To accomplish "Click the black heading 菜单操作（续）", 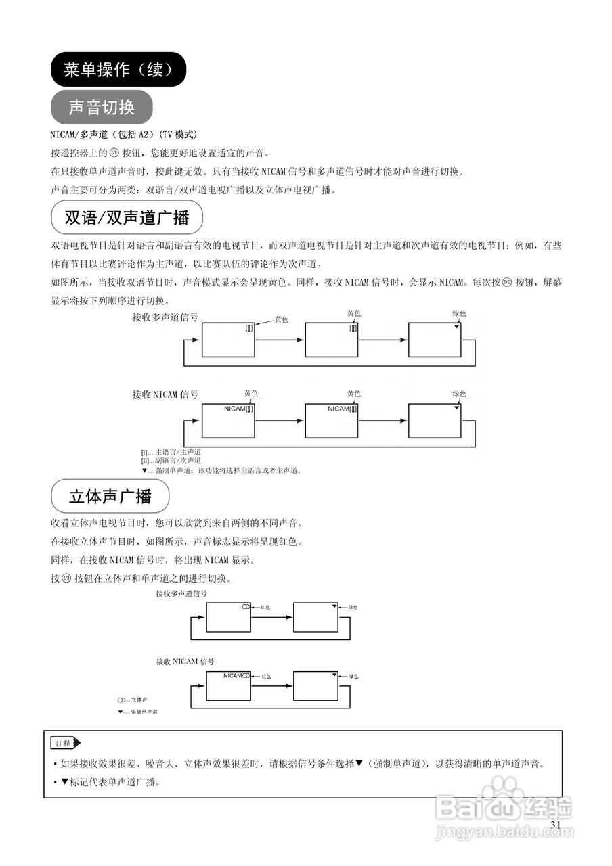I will click(x=118, y=69).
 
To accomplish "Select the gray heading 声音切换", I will click(x=102, y=107).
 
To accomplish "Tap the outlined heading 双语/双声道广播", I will click(x=127, y=218).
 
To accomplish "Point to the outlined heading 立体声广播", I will click(x=110, y=496).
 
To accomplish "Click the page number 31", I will click(x=556, y=825).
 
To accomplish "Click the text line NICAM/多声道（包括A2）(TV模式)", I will click(x=124, y=134).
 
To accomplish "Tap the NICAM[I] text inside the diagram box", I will click(x=238, y=409).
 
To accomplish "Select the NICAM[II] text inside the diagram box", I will click(x=343, y=409).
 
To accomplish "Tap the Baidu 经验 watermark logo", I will click(x=504, y=803).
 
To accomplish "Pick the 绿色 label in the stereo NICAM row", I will click(x=353, y=676).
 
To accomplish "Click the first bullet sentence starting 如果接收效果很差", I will click(x=298, y=764).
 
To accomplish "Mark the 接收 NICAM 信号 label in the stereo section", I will click(x=185, y=661).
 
